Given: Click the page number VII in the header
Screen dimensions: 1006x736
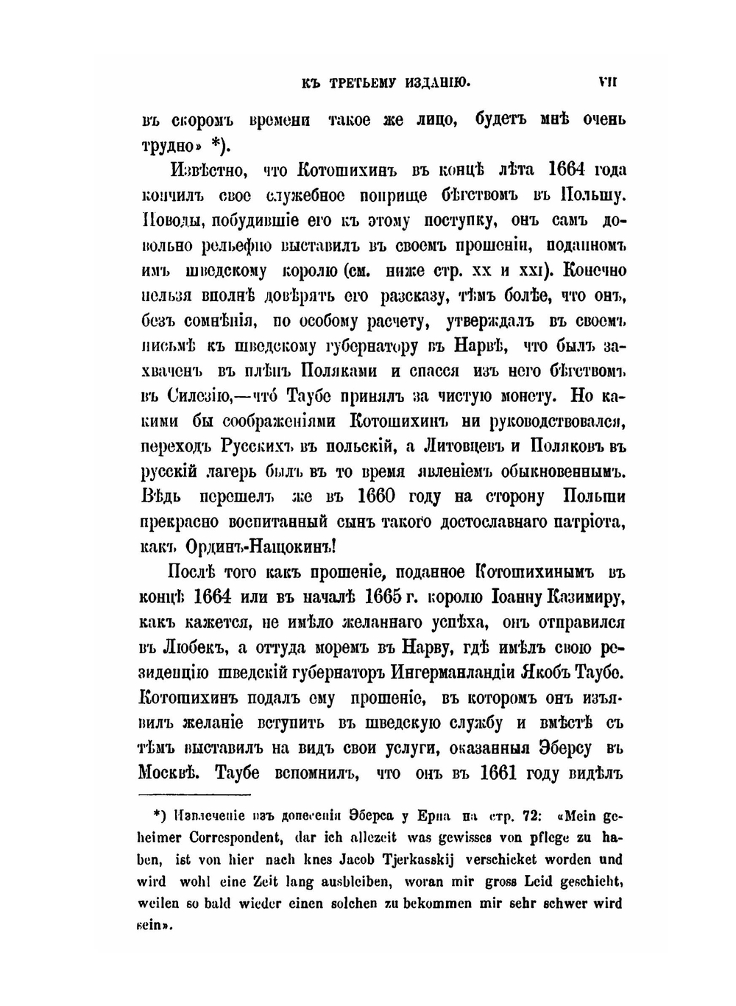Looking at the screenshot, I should click(607, 82).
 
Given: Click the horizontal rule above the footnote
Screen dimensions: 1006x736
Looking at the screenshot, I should click(195, 795).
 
